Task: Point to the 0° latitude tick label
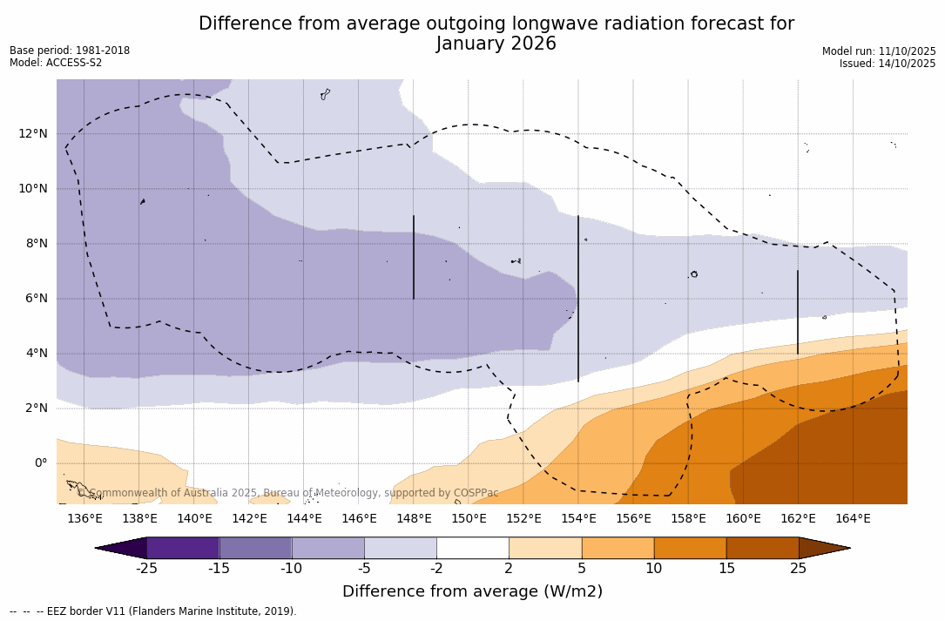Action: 41,463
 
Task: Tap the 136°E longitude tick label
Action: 84,519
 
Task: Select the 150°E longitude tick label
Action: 469,519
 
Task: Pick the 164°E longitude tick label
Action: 853,519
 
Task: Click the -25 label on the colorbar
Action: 146,569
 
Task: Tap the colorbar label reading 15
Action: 726,569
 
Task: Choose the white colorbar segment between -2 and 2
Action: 473,548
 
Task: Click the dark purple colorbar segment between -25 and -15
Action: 183,548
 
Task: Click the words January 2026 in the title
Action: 496,44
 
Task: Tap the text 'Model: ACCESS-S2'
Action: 56,63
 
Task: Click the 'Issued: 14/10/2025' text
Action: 888,64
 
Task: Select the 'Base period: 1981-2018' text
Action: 70,51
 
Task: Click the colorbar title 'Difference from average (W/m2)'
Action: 472,592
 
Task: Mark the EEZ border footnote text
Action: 153,611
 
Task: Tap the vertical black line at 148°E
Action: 414,258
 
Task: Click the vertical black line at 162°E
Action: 798,312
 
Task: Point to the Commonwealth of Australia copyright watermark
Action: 288,493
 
